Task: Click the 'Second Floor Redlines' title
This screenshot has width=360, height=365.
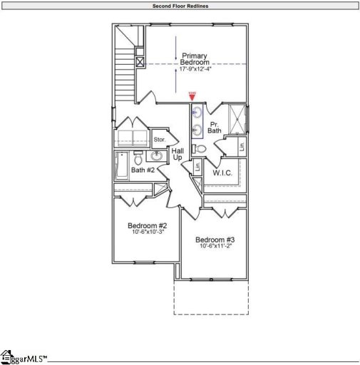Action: click(180, 5)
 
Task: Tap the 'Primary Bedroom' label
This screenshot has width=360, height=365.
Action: click(195, 59)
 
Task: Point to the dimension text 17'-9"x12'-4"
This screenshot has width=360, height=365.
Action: click(195, 69)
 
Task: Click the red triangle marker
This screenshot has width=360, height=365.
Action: click(192, 96)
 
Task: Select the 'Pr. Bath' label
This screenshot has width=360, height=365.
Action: click(215, 128)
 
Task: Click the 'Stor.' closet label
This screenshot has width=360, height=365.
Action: click(159, 140)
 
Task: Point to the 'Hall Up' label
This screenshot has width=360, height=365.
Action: click(178, 153)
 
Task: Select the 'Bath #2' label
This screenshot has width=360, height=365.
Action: click(143, 170)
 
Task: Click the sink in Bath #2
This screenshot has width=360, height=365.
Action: click(157, 155)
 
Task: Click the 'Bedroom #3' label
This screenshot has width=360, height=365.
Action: click(215, 239)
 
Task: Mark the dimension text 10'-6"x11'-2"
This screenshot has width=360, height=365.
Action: click(215, 246)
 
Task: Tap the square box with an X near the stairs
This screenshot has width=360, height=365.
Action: click(140, 62)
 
